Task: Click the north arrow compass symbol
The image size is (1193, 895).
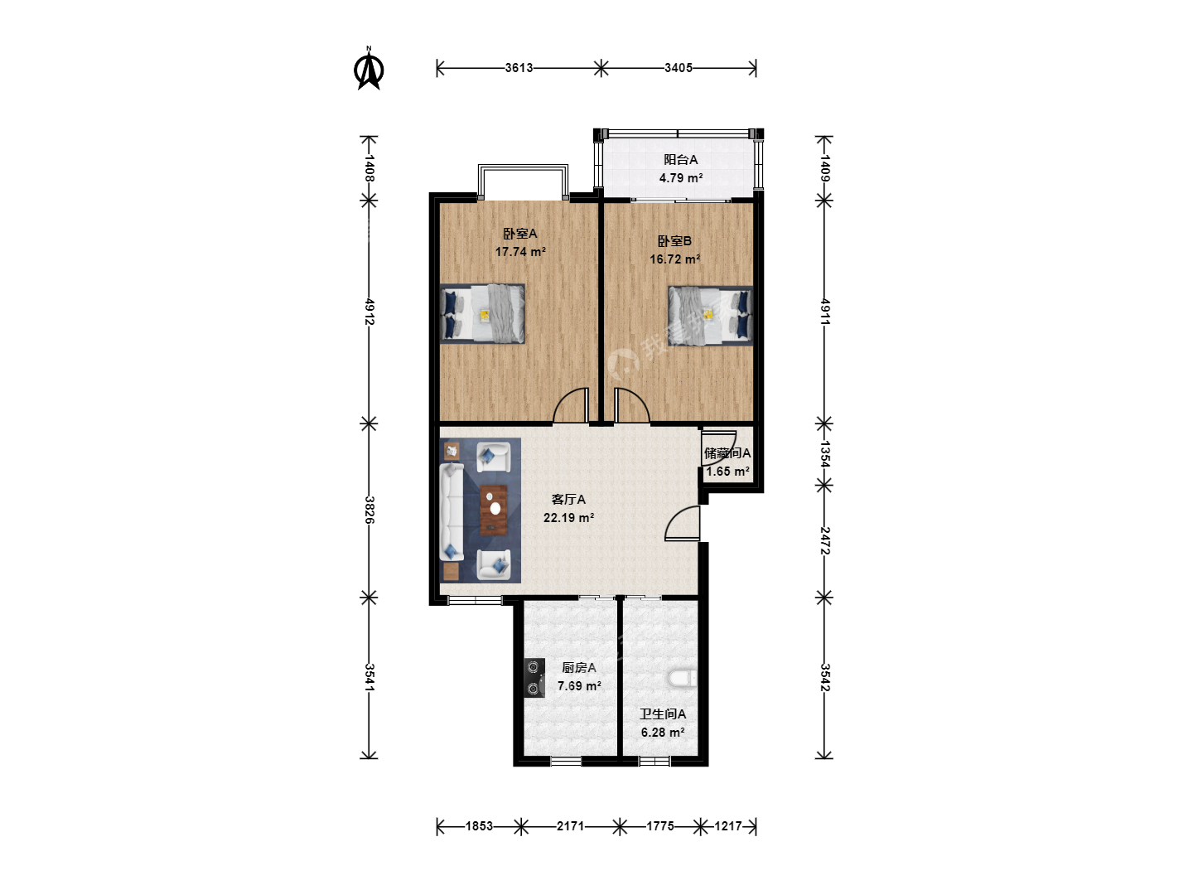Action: [x=369, y=69]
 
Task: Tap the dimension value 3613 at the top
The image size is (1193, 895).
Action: [x=519, y=68]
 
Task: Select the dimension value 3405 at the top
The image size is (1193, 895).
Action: [x=679, y=68]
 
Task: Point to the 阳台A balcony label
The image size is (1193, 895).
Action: [x=680, y=160]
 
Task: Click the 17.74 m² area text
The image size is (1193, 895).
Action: [x=520, y=252]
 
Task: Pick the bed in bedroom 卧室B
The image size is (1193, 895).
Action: [x=710, y=316]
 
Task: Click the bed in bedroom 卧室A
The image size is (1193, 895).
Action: [x=483, y=313]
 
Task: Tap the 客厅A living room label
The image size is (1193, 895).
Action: [x=568, y=500]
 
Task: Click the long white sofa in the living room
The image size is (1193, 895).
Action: [x=452, y=511]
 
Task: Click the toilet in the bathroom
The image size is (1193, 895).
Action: [x=683, y=679]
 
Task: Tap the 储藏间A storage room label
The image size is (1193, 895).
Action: [x=727, y=453]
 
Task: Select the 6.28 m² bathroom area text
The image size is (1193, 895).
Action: [x=663, y=733]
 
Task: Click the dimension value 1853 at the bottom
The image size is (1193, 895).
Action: [x=479, y=826]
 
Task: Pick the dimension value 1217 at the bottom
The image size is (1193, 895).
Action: [x=727, y=826]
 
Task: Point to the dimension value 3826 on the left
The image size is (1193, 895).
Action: [x=369, y=510]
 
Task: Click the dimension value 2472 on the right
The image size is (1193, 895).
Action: [x=824, y=540]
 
